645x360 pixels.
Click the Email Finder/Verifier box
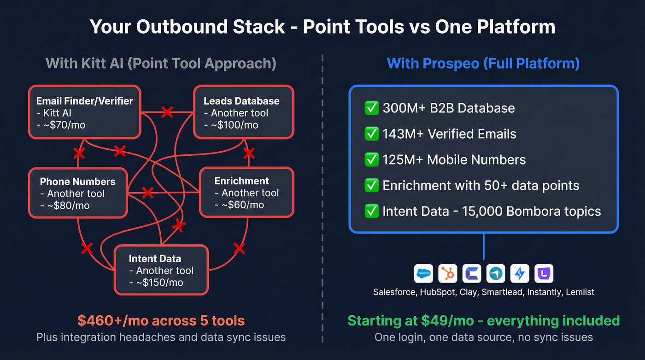coord(84,112)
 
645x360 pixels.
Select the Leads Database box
coord(243,112)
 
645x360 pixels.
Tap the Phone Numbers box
coord(77,193)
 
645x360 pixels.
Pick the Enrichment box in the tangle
coord(246,192)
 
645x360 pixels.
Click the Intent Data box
coord(161,270)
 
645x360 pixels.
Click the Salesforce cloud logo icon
coord(423,274)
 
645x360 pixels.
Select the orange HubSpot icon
coord(447,274)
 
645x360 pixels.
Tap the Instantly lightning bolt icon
coord(520,274)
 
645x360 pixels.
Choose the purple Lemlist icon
coord(544,274)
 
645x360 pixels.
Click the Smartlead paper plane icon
coord(495,274)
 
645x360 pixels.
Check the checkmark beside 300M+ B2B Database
coord(371,108)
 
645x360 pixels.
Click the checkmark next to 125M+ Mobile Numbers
coord(371,160)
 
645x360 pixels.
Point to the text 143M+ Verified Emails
coord(449,134)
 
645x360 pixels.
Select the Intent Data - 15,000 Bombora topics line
coord(491,212)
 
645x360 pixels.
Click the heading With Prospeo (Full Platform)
coord(483,63)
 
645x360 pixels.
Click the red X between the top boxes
coord(167,112)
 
